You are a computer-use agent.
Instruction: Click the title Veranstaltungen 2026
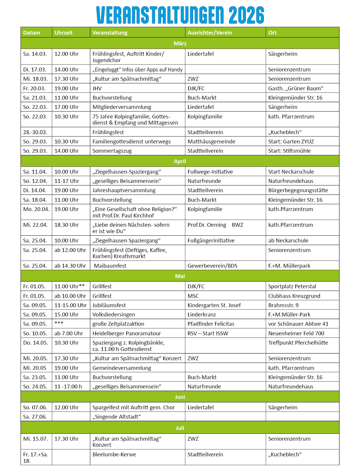click(x=180, y=15)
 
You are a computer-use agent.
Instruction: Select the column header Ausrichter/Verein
click(x=210, y=33)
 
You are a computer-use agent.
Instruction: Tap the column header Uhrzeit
click(x=64, y=33)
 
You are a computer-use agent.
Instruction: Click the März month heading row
click(x=180, y=43)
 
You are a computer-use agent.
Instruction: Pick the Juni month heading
click(x=180, y=397)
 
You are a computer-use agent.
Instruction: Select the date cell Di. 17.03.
click(x=35, y=69)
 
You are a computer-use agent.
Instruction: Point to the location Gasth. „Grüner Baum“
click(x=296, y=88)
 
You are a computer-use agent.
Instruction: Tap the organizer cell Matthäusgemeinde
click(x=211, y=141)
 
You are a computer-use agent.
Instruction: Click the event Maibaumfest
click(x=110, y=266)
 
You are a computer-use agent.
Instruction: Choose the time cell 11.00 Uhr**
click(x=69, y=286)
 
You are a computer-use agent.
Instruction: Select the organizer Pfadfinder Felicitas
click(x=211, y=324)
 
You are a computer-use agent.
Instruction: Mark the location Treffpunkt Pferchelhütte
click(x=298, y=343)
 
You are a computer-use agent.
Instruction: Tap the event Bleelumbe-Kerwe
click(x=114, y=454)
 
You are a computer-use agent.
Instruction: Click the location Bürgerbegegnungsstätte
click(x=298, y=190)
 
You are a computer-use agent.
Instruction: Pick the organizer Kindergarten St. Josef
click(x=214, y=305)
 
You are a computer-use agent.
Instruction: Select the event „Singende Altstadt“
click(x=116, y=417)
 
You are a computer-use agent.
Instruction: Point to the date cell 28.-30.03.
click(x=35, y=132)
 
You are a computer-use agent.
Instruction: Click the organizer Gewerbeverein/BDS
click(x=212, y=266)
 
